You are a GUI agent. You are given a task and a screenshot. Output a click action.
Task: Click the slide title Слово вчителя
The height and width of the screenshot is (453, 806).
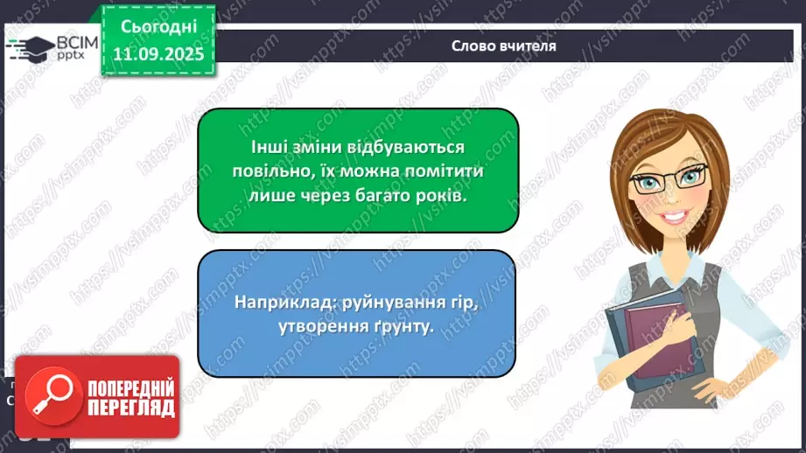point(503,45)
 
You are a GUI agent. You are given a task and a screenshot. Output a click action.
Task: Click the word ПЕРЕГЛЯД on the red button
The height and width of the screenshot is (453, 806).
point(130,408)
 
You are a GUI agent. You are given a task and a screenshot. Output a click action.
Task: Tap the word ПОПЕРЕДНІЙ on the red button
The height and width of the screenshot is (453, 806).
point(130,388)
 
